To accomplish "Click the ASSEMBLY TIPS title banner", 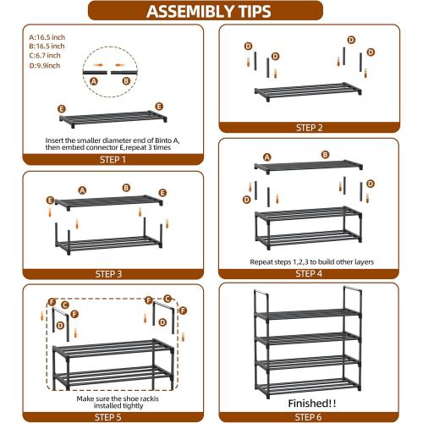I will pos(209,11).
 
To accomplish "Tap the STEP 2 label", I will pos(309,128).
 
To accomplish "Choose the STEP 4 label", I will pos(308,274).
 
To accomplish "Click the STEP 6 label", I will pos(308,416).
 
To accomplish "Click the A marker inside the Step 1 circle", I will pos(93,81).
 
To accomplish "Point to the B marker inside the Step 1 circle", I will pos(126,81).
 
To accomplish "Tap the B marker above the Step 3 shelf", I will pos(126,187).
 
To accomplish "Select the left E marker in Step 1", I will pos(62,109).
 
